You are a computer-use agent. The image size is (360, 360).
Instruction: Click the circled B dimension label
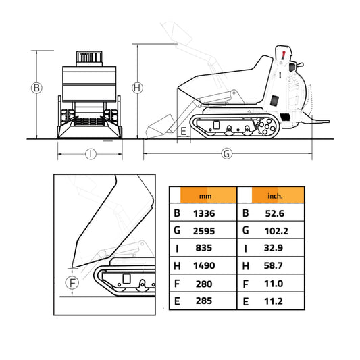point(37,88)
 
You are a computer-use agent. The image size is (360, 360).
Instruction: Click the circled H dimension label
point(137,88)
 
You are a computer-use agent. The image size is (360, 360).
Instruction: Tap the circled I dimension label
point(91,153)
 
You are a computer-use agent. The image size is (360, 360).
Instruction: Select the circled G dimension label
point(227,153)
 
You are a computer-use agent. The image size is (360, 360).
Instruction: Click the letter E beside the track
point(183,130)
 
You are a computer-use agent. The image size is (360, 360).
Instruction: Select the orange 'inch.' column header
point(275,196)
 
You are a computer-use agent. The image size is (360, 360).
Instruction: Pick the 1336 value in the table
point(203,214)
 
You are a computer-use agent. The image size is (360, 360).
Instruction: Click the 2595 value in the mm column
point(203,232)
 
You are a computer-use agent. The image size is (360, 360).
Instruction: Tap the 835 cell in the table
point(203,249)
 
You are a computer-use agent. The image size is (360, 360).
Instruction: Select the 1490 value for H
point(203,266)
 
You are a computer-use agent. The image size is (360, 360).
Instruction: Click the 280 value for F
point(203,284)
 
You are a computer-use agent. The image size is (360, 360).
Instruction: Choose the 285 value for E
point(203,301)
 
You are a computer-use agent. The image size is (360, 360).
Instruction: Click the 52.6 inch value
point(275,214)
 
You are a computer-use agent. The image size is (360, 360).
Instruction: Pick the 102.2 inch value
point(275,232)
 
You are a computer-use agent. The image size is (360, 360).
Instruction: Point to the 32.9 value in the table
point(275,249)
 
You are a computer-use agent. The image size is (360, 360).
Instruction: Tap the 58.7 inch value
point(275,266)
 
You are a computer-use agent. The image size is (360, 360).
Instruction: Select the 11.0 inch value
point(275,284)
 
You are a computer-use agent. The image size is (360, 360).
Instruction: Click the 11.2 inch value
point(275,301)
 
